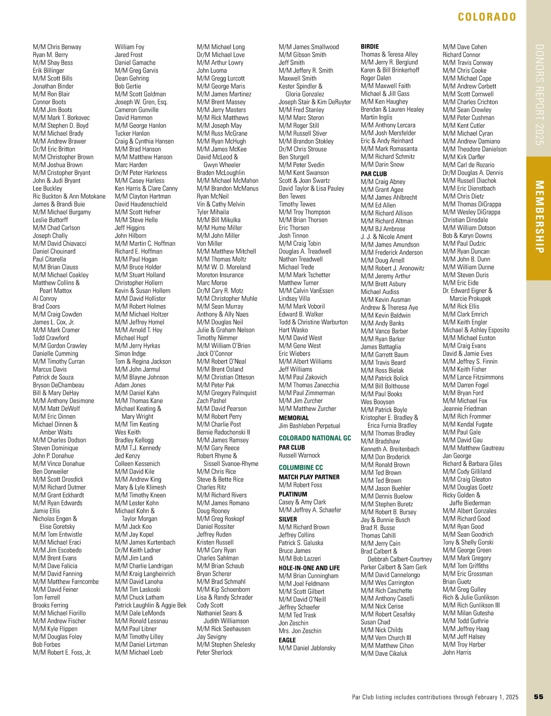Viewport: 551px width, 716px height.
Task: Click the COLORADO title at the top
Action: (x=487, y=17)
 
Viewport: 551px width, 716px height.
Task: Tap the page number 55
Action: (x=539, y=697)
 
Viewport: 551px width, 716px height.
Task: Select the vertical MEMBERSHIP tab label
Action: (x=539, y=217)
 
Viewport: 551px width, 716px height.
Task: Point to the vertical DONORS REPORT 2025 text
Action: (x=539, y=95)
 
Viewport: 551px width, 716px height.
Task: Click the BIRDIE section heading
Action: (x=370, y=46)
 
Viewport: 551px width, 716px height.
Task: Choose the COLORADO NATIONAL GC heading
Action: (x=315, y=438)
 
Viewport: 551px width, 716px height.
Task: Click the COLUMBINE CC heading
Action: (x=301, y=467)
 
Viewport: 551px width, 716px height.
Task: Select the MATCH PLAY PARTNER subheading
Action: (x=309, y=477)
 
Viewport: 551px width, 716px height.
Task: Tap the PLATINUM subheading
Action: (x=293, y=494)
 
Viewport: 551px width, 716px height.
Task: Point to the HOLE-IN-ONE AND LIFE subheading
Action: (x=309, y=568)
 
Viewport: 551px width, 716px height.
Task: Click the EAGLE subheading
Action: (x=287, y=640)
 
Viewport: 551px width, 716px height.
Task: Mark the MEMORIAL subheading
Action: (x=293, y=418)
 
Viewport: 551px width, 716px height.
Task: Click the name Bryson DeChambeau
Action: (x=58, y=385)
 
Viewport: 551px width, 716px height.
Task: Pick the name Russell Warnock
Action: (x=299, y=455)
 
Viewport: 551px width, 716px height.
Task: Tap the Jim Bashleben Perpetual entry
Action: (x=309, y=426)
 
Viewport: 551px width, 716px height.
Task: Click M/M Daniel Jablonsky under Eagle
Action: (x=307, y=648)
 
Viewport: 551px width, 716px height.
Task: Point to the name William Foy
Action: (x=129, y=47)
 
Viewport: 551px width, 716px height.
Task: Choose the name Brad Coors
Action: (x=46, y=307)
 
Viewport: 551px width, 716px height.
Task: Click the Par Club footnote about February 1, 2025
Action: (x=435, y=697)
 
